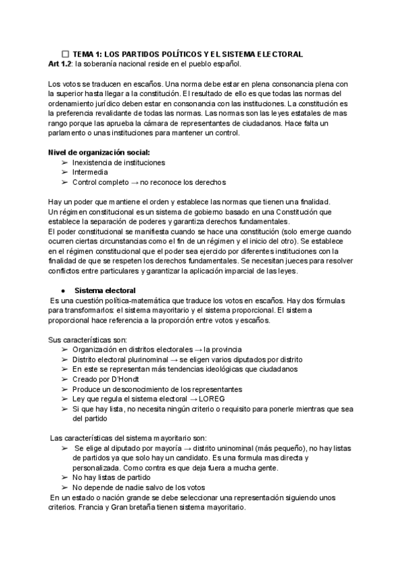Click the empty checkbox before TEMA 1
click(x=65, y=53)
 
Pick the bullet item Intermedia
click(x=90, y=172)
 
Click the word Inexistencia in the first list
click(x=95, y=163)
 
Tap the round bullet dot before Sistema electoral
click(x=63, y=290)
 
